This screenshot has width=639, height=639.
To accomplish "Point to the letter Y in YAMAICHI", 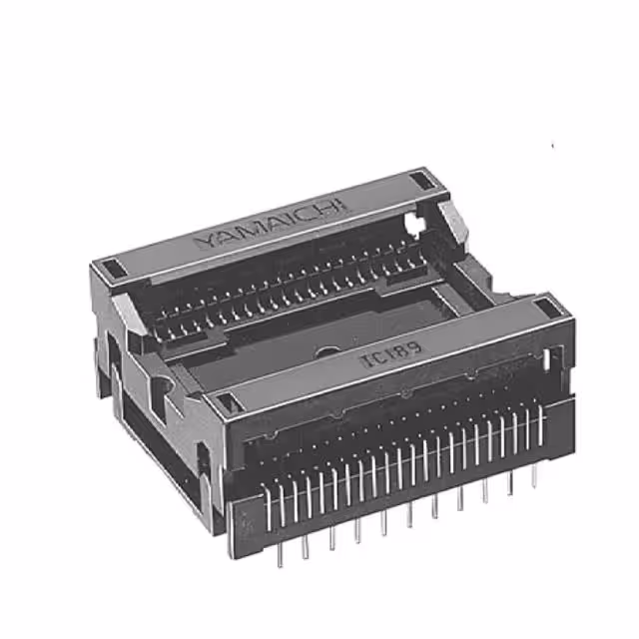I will [201, 243].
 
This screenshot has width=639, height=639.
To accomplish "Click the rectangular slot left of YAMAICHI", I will [112, 268].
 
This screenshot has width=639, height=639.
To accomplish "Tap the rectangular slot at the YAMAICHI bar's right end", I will [424, 181].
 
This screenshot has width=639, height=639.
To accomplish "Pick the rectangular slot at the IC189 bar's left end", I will [227, 402].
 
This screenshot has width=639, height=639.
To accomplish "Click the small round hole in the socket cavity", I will [324, 351].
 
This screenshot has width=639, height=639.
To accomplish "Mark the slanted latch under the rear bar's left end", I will [122, 307].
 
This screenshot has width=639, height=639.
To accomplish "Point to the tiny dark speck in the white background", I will [552, 146].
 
